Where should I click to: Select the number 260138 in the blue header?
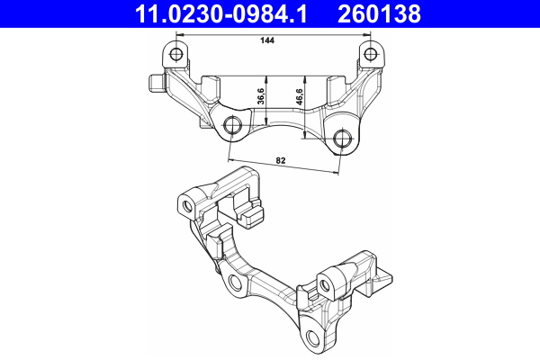[x=379, y=13]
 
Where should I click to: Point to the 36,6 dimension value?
[x=261, y=96]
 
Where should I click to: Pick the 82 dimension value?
[x=281, y=161]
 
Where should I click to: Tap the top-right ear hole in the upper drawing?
[x=370, y=53]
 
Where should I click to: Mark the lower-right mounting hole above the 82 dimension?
[x=342, y=139]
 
